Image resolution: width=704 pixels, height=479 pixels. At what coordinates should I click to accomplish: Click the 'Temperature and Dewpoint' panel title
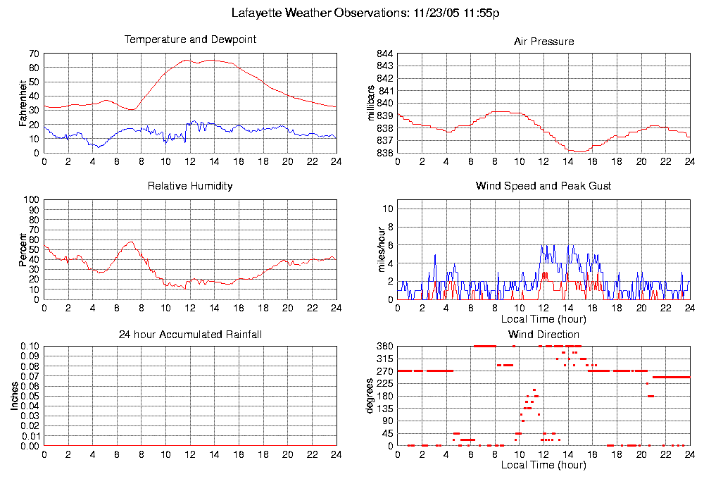coord(190,39)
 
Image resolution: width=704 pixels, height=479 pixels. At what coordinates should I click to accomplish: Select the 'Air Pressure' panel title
coord(543,42)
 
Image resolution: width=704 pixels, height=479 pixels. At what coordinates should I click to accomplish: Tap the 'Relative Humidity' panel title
coord(190,186)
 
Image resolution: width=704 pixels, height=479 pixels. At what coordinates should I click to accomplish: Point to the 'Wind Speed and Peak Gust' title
coord(543,186)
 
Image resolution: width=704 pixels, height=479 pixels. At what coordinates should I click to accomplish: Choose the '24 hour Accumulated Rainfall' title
coord(190,334)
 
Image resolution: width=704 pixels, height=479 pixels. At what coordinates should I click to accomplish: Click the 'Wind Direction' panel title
coord(543,334)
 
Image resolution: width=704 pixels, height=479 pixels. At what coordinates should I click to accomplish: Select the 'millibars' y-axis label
coord(372,103)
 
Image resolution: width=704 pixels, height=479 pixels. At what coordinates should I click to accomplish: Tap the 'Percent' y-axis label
coord(23,249)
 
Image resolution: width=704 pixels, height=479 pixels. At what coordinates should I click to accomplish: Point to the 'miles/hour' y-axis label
coord(372,249)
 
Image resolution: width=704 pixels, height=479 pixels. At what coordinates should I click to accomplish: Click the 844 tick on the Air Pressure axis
coord(383,54)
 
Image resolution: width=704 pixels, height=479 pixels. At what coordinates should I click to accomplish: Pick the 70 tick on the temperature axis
coord(33,54)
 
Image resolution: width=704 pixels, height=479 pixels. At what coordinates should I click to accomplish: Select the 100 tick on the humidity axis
coord(31,200)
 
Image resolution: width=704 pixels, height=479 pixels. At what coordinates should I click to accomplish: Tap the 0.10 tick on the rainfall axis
coord(29,347)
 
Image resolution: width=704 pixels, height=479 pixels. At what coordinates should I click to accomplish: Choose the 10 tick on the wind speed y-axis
coord(385,209)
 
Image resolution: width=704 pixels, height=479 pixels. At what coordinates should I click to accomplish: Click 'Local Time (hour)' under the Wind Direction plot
coord(543,465)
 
